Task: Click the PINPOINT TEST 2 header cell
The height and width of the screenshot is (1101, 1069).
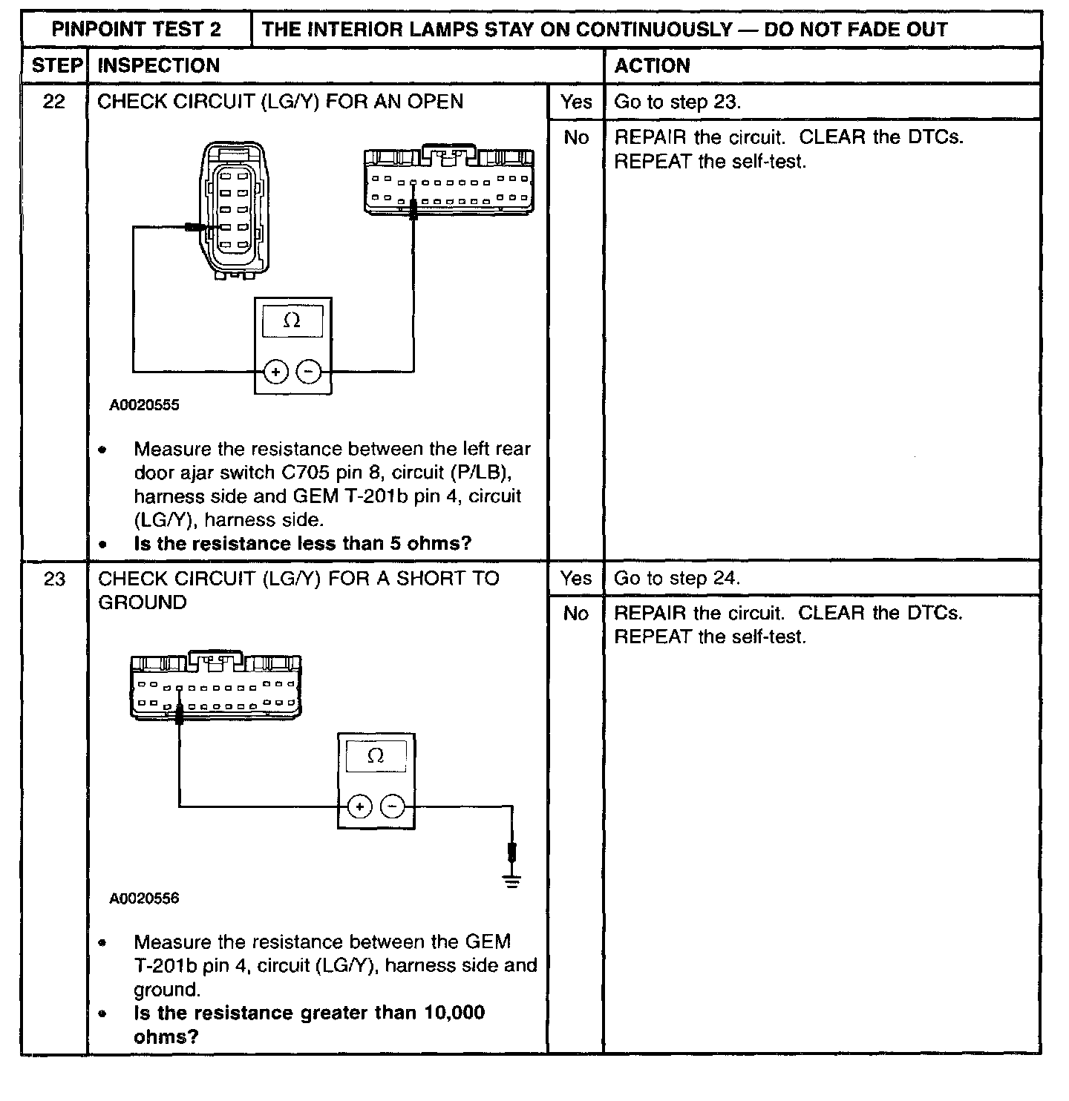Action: (137, 30)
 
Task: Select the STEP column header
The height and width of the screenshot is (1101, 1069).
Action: (56, 65)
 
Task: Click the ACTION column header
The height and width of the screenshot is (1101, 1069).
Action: (652, 65)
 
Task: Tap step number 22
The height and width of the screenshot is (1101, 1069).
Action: (53, 102)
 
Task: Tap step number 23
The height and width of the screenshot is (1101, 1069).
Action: (54, 579)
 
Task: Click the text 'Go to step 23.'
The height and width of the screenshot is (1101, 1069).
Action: (677, 102)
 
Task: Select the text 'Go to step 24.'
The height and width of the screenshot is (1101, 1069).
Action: (677, 579)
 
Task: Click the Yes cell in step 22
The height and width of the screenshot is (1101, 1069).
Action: (576, 102)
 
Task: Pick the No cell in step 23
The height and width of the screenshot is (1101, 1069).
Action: (576, 613)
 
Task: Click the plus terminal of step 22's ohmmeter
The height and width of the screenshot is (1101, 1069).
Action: (276, 371)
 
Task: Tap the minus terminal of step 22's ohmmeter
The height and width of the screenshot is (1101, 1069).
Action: (310, 371)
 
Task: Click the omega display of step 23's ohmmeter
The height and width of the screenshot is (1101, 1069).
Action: (376, 757)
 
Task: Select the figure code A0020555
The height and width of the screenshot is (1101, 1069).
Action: (145, 406)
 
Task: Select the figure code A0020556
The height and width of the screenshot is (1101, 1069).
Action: (145, 898)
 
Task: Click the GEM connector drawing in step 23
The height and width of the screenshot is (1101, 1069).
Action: (215, 686)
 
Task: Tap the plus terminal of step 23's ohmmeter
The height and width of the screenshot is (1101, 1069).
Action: (359, 806)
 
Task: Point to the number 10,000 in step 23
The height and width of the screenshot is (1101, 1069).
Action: (454, 1013)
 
